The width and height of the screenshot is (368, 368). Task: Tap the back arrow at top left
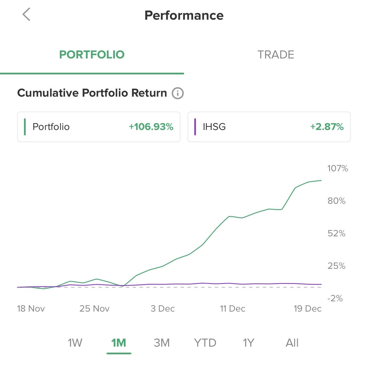pos(26,15)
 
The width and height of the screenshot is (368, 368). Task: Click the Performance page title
pos(184,15)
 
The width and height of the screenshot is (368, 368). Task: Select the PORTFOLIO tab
pos(92,55)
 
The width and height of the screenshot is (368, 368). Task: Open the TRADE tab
pos(276,55)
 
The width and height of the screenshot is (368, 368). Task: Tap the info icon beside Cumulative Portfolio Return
pos(177,93)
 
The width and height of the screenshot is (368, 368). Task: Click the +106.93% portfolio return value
pos(151,127)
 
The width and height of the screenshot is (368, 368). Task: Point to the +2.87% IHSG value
pos(327,127)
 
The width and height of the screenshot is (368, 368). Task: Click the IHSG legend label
pos(214,127)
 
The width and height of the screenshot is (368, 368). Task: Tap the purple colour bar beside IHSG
pos(195,127)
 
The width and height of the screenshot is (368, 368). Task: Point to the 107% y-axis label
pos(338,168)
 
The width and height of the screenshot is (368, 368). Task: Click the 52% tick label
pos(337,233)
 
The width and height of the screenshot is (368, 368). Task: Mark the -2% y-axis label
pos(335,298)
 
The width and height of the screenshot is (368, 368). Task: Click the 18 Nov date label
pos(31,309)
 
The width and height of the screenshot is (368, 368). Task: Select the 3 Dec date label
pos(163,309)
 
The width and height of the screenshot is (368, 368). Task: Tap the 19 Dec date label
pos(308,309)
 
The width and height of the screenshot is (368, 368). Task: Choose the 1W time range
pos(75,343)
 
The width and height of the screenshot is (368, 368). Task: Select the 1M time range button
pos(119,343)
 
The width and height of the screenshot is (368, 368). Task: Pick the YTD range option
pos(205,343)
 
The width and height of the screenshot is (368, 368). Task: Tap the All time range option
pos(292,343)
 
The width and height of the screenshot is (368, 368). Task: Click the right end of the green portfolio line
pos(321,180)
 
